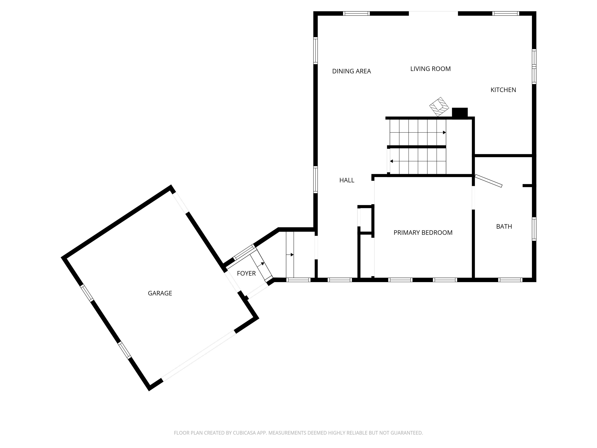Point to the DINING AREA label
point(351,71)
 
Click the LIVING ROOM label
point(430,69)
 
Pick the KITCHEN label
point(503,90)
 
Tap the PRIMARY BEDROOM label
point(423,233)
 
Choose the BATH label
point(504,227)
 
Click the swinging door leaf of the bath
point(489,181)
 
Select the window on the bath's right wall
point(534,229)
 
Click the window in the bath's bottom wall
point(510,280)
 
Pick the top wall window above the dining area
point(356,13)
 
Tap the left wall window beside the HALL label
point(315,180)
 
